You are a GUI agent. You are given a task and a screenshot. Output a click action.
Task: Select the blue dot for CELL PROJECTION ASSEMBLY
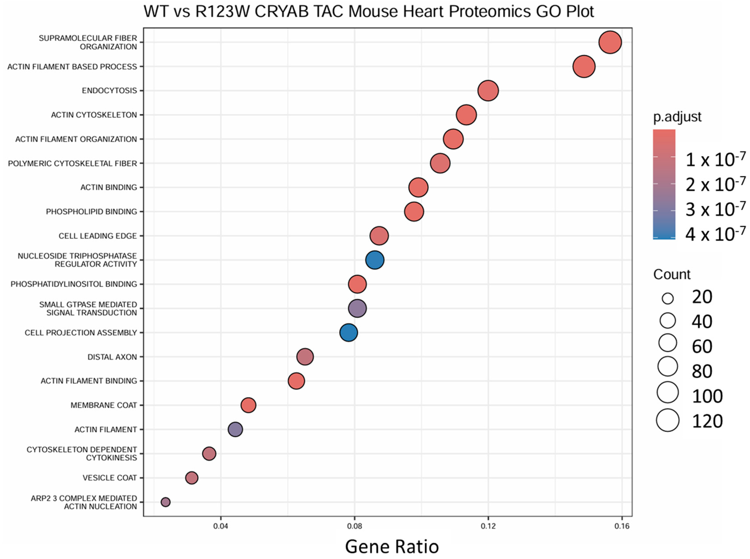pyautogui.click(x=348, y=333)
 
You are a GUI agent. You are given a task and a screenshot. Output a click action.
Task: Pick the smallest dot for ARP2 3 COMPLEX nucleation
pyautogui.click(x=165, y=502)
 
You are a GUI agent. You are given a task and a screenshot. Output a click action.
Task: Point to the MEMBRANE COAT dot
pyautogui.click(x=248, y=405)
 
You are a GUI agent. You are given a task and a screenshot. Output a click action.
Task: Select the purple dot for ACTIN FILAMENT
pyautogui.click(x=235, y=429)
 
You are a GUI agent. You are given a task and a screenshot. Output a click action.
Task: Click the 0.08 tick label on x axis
pyautogui.click(x=354, y=526)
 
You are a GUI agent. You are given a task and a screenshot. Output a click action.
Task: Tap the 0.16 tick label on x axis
pyautogui.click(x=622, y=526)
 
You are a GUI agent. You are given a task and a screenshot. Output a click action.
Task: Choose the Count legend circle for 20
pyautogui.click(x=668, y=298)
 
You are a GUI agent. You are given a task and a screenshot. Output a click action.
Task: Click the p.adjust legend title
pyautogui.click(x=677, y=117)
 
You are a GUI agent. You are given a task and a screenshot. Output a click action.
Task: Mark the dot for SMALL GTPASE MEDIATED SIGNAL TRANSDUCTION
pyautogui.click(x=357, y=308)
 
